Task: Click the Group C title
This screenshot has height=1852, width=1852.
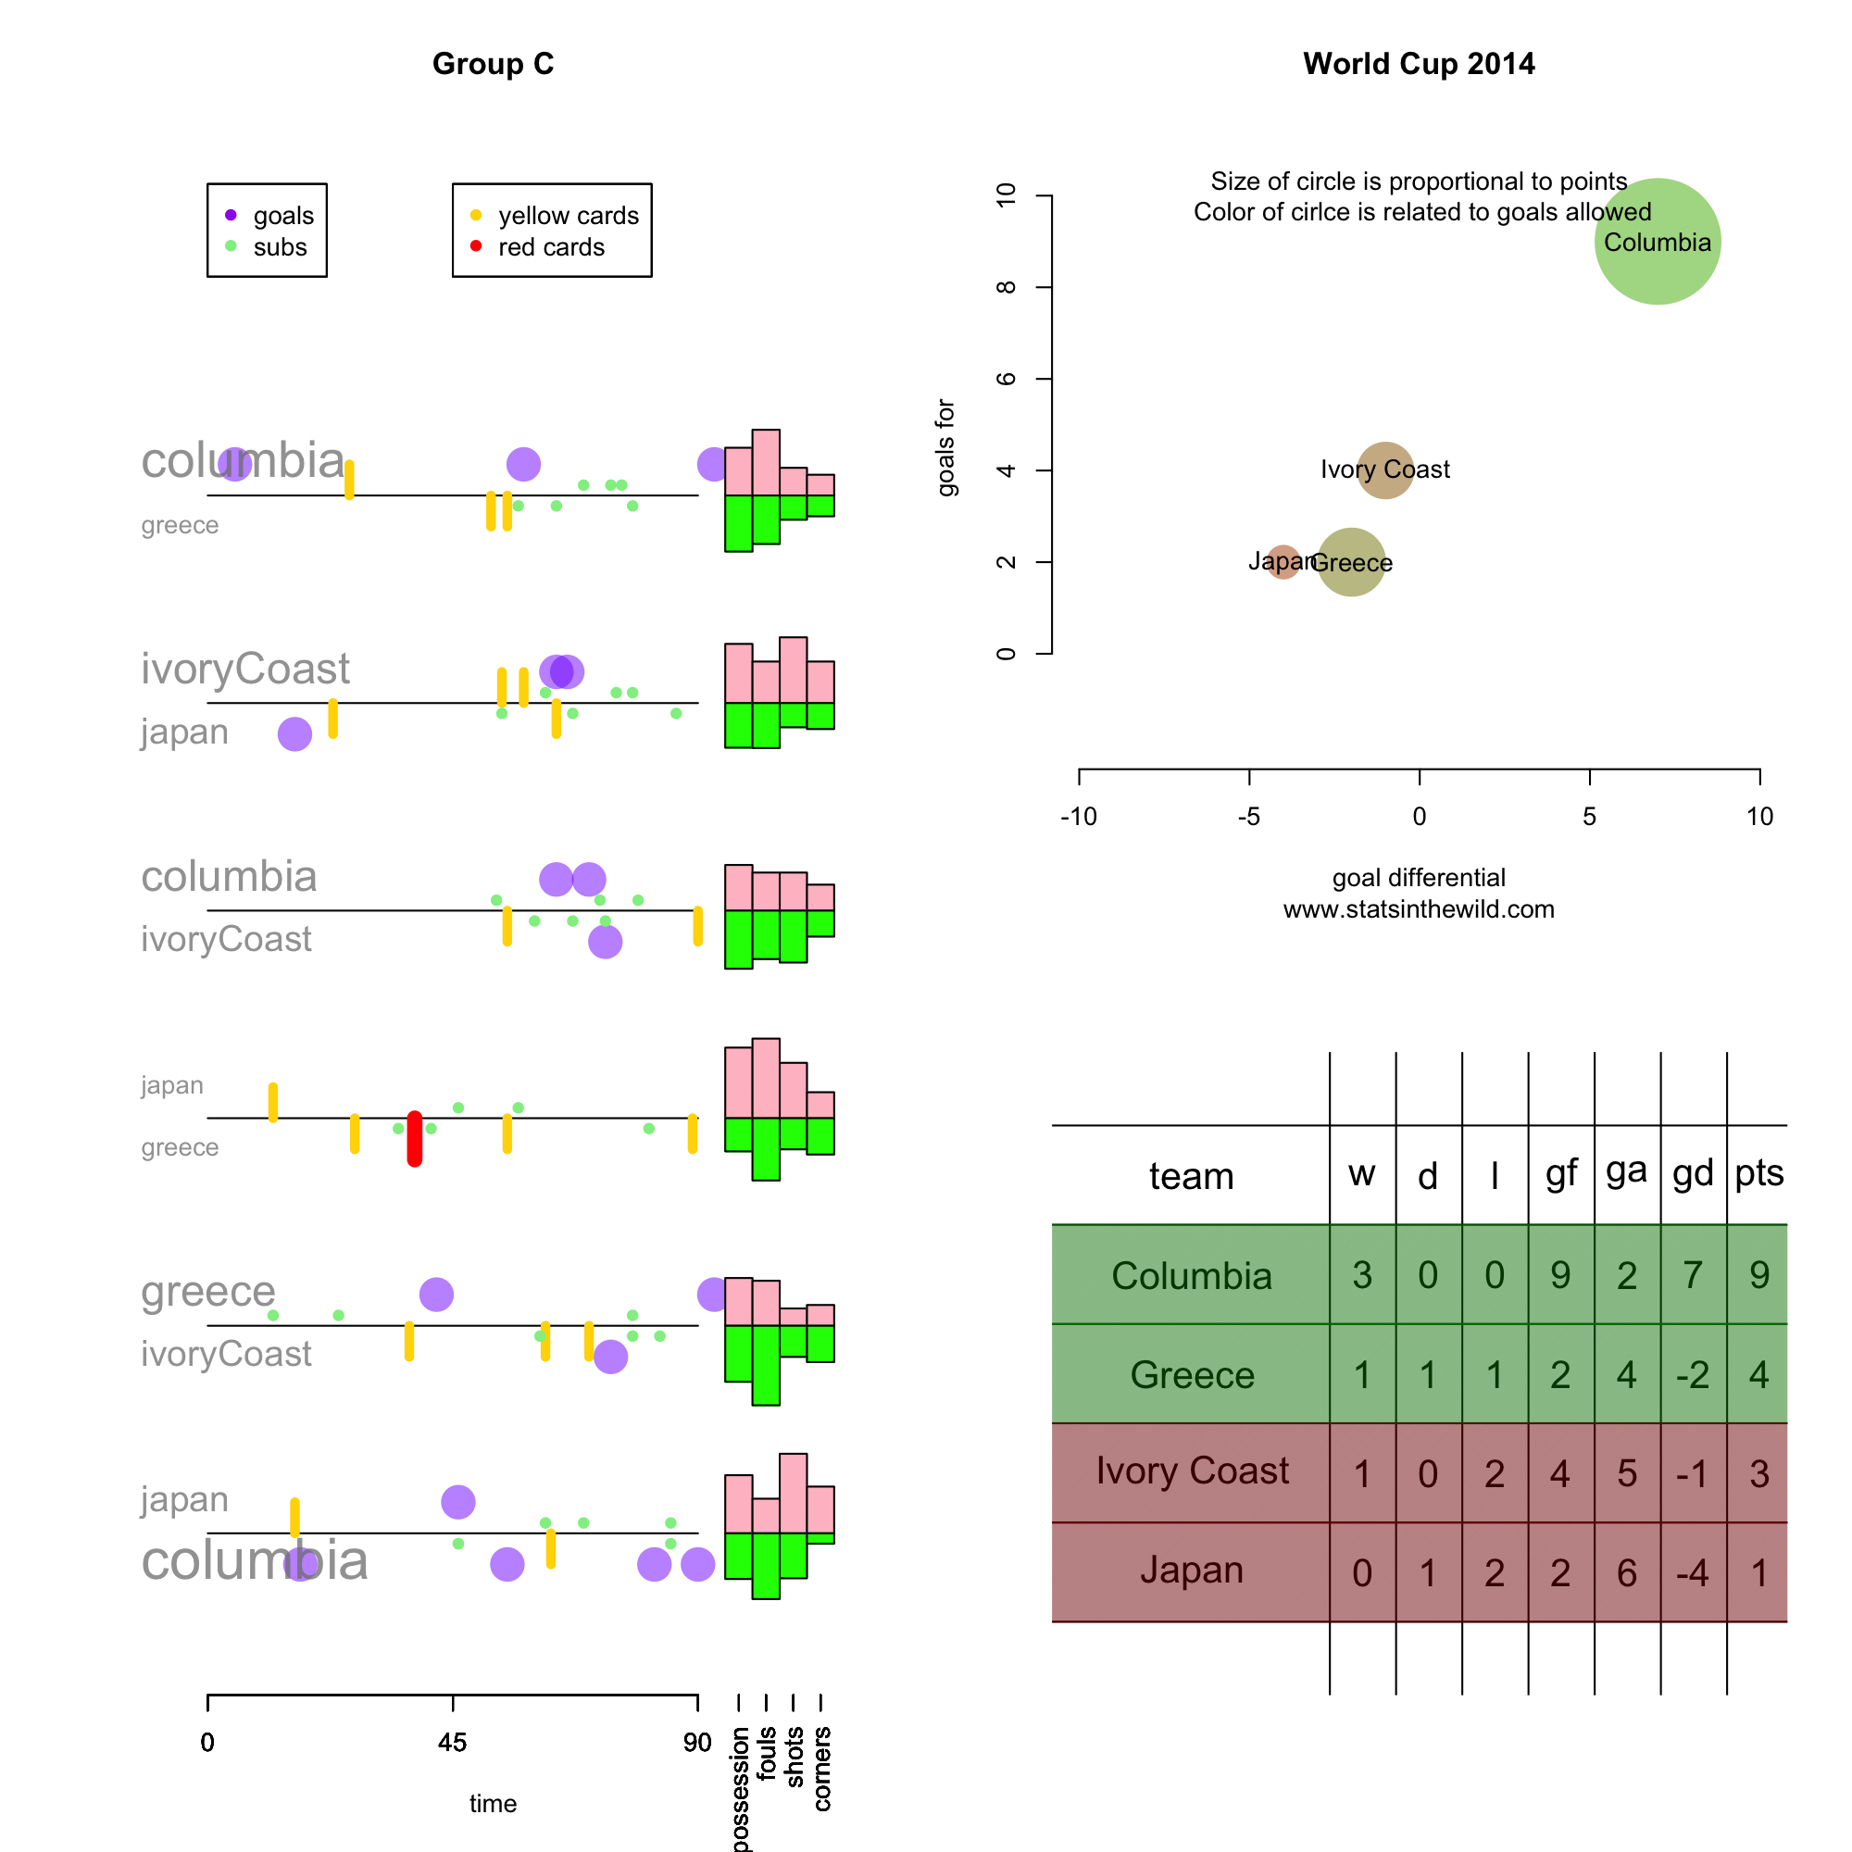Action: point(493,64)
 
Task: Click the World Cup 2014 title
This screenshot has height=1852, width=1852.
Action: point(1418,64)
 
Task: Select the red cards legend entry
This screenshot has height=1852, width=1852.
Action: point(550,247)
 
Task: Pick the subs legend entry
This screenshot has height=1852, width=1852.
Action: point(279,247)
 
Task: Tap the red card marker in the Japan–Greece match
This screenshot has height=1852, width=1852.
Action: point(414,1138)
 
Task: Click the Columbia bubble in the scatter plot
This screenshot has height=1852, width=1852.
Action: point(1657,242)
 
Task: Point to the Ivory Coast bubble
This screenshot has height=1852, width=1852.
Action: point(1384,469)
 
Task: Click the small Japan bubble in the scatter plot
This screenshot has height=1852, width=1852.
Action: point(1283,561)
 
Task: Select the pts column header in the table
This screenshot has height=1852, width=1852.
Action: point(1758,1172)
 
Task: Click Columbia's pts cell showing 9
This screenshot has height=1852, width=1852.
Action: point(1758,1275)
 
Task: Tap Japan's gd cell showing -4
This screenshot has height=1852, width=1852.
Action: point(1692,1573)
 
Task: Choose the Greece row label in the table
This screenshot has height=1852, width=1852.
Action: point(1192,1374)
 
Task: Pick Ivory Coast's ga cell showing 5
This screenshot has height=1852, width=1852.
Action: point(1626,1473)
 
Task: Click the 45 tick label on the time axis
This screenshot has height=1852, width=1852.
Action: point(453,1742)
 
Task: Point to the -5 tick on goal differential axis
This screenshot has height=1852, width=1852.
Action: point(1248,816)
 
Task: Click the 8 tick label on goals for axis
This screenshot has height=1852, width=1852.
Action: point(1006,288)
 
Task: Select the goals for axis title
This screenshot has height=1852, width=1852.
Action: point(945,446)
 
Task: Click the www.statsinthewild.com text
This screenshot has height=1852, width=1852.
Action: point(1418,908)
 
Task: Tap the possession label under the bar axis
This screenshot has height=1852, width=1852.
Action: point(739,1788)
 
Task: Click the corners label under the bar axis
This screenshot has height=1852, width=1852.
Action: point(821,1769)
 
